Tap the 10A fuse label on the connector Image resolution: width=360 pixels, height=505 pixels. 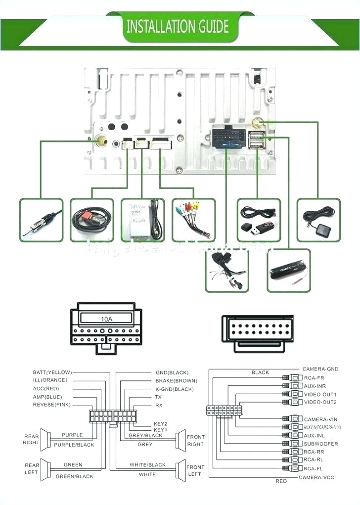[106, 319]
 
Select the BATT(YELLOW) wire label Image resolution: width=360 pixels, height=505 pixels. [52, 372]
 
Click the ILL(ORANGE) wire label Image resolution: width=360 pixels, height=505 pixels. [49, 380]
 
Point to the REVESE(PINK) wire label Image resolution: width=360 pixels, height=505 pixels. [52, 405]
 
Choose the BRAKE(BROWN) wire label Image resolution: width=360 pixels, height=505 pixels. [176, 381]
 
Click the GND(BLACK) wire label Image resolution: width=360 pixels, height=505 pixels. [172, 372]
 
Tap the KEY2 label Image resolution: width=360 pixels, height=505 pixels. [161, 424]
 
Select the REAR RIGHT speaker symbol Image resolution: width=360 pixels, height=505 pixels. [45, 439]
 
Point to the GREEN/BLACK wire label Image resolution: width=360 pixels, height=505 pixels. [74, 476]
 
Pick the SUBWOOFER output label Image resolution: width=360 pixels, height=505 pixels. [321, 444]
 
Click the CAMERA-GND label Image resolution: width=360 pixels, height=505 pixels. [320, 369]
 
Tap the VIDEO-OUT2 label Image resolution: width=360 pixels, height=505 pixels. [320, 402]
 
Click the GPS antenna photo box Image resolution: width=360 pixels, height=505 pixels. [318, 220]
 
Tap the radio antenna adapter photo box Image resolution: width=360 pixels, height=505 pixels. [42, 220]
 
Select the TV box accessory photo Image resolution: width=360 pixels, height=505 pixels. [142, 220]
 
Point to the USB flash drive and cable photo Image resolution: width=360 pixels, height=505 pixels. [259, 220]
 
